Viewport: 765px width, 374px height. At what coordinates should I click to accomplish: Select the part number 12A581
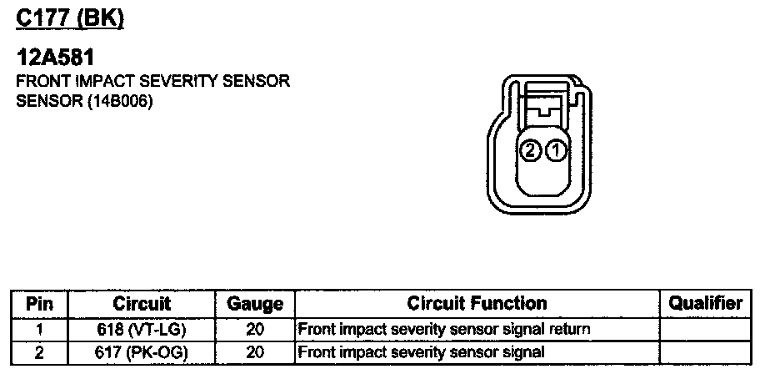point(55,59)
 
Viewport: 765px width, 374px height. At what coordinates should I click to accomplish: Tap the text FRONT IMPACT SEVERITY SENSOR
point(152,83)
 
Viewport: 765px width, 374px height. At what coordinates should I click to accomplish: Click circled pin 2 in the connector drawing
point(528,151)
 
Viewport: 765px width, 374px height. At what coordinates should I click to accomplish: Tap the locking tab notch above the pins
point(544,107)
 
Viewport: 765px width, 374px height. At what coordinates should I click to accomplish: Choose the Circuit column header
point(142,304)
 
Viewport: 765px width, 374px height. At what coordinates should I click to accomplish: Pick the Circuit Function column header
point(477,304)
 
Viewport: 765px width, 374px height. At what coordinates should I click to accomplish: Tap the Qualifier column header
point(705,304)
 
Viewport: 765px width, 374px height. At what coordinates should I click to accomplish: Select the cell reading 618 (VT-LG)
point(142,329)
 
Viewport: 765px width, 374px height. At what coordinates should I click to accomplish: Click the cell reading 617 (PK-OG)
point(142,351)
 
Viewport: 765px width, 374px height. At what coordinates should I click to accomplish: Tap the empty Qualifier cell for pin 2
point(705,351)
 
